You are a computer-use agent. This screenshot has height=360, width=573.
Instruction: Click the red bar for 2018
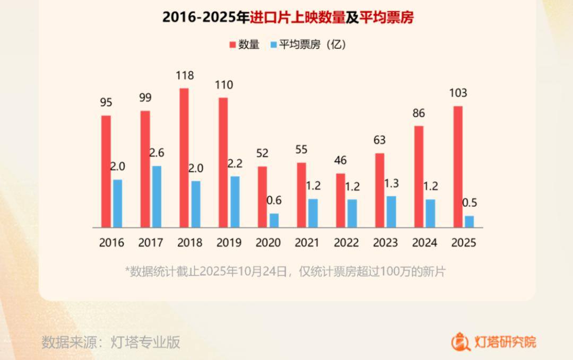pos(184,157)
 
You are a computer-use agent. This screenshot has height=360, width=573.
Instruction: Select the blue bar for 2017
pos(157,196)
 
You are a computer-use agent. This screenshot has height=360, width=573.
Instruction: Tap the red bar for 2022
pos(341,200)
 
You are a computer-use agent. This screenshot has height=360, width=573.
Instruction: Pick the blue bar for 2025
pos(469,221)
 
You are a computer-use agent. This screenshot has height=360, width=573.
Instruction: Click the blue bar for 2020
pos(274,220)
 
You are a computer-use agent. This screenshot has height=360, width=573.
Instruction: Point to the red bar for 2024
pos(419,176)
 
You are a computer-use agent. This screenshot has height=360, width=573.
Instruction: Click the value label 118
pos(185,76)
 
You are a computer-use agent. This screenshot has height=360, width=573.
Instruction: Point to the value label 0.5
pos(470,203)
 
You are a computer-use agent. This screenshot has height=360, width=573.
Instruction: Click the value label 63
pos(379,141)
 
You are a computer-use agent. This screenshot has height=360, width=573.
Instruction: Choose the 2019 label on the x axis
pos(229,243)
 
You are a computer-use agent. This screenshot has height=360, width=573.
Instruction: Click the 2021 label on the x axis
pos(307,243)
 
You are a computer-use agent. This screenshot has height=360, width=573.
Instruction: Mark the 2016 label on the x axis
pos(111,243)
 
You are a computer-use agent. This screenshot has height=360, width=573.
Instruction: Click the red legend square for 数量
pos(232,45)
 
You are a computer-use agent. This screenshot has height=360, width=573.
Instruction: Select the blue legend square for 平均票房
pos(273,45)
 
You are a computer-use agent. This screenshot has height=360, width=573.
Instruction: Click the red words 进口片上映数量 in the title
pos(298,17)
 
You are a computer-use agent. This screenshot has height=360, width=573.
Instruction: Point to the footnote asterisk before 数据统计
pos(127,271)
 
